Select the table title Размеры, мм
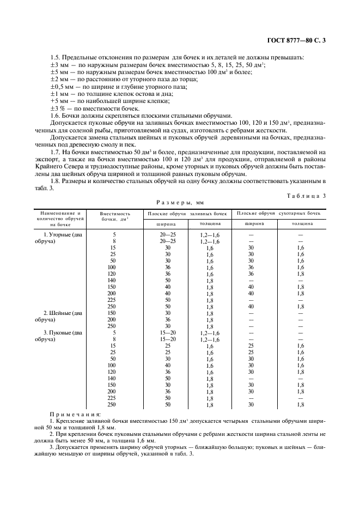click(180, 201)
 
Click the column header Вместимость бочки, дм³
click(115, 217)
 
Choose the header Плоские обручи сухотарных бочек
click(279, 213)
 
